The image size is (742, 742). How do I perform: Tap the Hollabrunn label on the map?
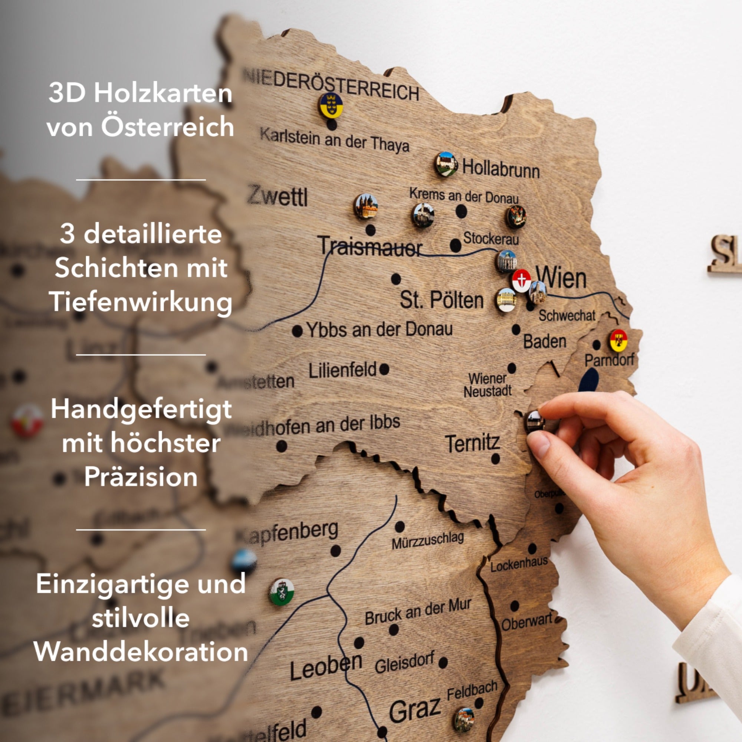pos(501,168)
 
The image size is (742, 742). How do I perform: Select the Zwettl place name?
pos(277,196)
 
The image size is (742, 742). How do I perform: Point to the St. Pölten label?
pos(441,300)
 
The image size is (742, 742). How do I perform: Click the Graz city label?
pos(415,709)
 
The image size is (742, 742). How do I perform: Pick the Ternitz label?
pos(472,443)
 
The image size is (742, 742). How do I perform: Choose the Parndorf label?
pos(609,360)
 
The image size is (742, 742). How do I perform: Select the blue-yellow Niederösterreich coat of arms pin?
pos(330,105)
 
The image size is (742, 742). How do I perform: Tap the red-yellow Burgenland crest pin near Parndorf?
pos(619,340)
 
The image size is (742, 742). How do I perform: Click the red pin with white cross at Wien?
pos(522,280)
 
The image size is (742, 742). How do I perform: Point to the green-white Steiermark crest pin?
pos(282,592)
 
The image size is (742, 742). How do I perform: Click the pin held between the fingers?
pos(535,421)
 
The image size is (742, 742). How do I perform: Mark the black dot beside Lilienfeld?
pos(384,370)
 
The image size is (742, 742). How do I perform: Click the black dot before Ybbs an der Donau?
pos(297,331)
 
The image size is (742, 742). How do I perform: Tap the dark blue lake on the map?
pos(589,380)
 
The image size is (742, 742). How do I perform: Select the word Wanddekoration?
pos(141,652)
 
